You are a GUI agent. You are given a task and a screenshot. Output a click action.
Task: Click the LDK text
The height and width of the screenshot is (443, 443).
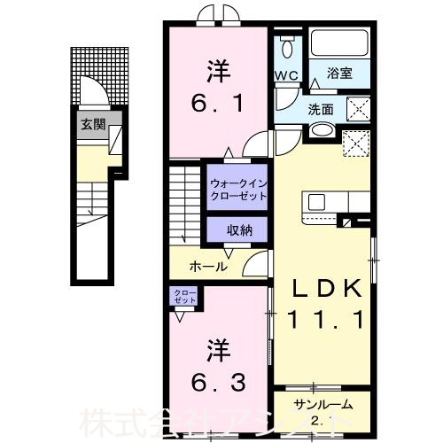tap(322, 289)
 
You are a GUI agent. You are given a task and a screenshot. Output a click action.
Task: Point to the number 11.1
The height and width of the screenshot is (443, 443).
tap(322, 322)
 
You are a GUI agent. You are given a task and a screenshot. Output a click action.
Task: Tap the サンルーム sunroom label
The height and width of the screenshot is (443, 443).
tap(323, 405)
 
